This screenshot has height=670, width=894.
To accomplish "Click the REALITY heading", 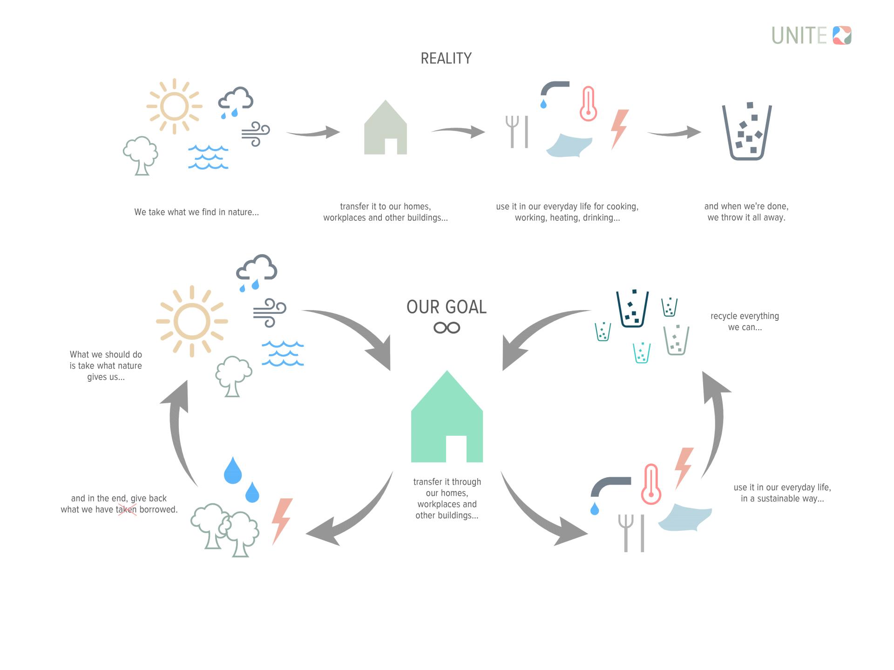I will click(446, 58).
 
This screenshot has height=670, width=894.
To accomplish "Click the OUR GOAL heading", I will click(446, 307).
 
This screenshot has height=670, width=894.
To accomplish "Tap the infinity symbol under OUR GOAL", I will click(447, 328).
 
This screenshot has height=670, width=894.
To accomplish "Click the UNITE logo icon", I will click(842, 35).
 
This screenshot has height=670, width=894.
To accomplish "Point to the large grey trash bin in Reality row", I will click(746, 132).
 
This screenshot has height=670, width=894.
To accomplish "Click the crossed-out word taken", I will click(126, 509).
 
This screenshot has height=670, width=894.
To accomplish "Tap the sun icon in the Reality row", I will click(174, 106).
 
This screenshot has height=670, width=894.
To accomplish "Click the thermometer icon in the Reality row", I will click(588, 103).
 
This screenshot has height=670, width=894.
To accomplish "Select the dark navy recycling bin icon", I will click(632, 309).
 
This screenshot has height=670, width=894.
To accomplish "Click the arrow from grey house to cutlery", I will click(458, 131).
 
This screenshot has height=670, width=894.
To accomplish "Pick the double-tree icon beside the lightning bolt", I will click(226, 530).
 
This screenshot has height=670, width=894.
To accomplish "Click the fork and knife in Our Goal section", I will click(631, 533).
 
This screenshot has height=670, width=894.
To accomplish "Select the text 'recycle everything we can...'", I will click(745, 321).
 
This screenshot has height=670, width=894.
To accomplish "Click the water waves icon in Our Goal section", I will click(283, 353).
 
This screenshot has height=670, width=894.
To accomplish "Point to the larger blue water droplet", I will click(233, 470).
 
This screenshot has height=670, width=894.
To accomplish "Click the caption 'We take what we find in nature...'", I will click(196, 212).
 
